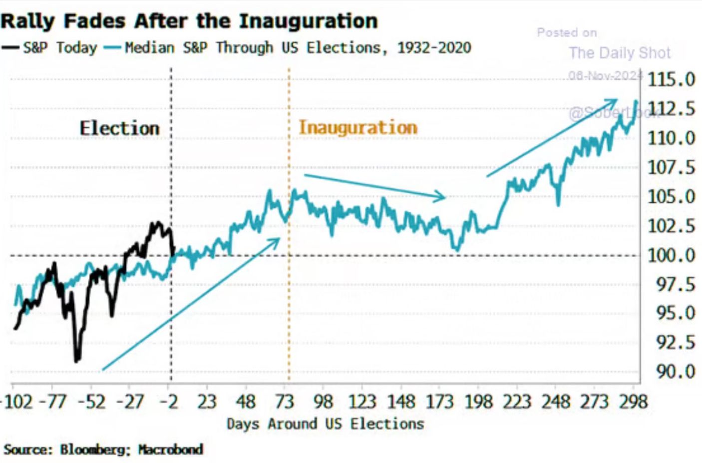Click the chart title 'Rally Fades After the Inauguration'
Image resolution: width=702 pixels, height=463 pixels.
click(189, 21)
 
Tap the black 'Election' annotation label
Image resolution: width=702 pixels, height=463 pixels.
click(119, 128)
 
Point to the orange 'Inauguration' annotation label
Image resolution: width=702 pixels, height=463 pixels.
click(357, 127)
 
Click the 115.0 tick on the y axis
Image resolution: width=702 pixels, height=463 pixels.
click(671, 79)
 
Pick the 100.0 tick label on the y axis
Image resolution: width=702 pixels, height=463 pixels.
click(671, 255)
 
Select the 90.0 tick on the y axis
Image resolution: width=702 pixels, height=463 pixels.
click(671, 372)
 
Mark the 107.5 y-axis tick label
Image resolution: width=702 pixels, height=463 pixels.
click(671, 167)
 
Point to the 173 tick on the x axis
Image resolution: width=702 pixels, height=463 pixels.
click(439, 402)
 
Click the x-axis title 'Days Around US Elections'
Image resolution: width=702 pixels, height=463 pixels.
click(325, 424)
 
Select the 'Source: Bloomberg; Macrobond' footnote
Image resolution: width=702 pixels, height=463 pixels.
click(103, 450)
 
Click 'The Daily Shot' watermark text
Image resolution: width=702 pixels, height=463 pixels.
click(620, 53)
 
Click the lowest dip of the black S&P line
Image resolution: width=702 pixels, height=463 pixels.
click(76, 360)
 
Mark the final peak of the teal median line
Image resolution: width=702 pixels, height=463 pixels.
click(636, 101)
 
